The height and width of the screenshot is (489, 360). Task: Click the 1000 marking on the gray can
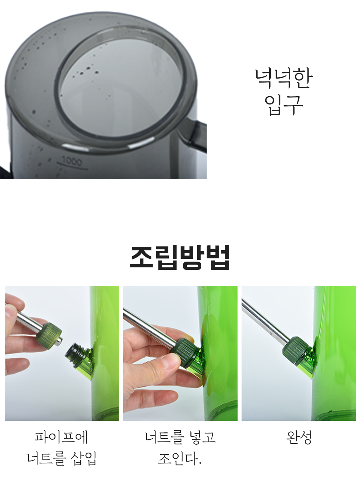click(x=72, y=162)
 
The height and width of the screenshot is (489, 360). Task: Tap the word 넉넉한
click(x=284, y=78)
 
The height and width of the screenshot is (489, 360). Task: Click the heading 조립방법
click(x=180, y=257)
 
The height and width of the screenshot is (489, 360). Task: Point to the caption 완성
click(x=299, y=437)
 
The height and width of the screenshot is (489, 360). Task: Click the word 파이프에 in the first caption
click(x=62, y=437)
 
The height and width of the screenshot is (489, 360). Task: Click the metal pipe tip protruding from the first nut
click(x=59, y=341)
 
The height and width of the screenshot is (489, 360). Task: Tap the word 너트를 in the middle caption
click(x=163, y=437)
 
